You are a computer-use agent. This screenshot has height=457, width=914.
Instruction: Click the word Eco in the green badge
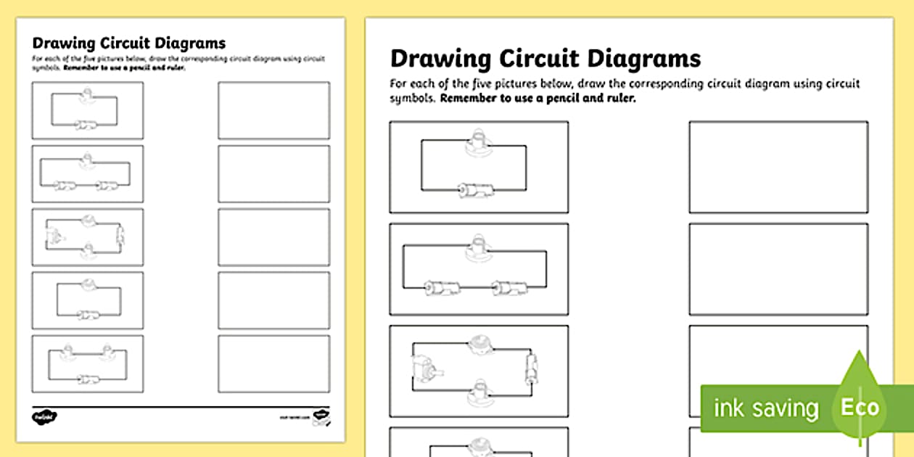(860, 407)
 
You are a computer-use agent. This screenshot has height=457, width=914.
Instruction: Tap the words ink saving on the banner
(766, 408)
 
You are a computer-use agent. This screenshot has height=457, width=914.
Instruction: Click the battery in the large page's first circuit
(475, 190)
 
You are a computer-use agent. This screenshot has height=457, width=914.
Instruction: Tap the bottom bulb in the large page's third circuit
(479, 391)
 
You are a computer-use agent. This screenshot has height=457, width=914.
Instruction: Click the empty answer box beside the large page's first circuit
(778, 167)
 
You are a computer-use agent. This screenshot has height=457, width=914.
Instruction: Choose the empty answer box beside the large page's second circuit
(778, 269)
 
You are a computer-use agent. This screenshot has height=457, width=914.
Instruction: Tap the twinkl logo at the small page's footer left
(45, 417)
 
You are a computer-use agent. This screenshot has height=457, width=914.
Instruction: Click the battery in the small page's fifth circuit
(88, 378)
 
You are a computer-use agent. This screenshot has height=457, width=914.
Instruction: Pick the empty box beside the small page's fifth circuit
(273, 363)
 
